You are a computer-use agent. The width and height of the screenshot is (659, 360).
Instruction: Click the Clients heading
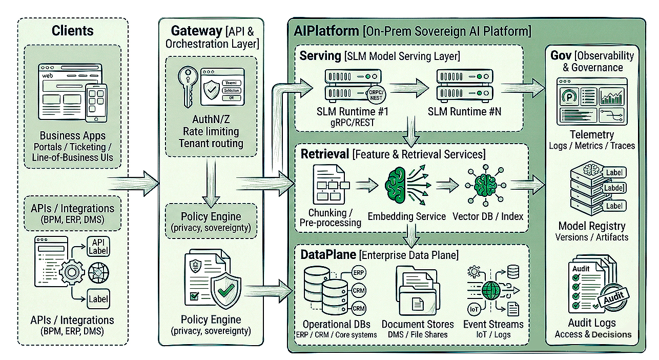point(72,31)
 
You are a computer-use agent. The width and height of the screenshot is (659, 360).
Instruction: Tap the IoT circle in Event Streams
point(474,309)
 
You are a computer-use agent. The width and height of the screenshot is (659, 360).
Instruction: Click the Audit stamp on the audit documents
point(614,299)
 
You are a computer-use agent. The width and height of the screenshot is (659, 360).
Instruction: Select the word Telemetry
point(591,134)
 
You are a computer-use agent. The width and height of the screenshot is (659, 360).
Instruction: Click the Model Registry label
point(591,226)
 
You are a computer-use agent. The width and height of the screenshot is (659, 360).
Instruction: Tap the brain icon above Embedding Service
point(398,185)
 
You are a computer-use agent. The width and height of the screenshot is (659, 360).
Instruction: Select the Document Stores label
point(418,324)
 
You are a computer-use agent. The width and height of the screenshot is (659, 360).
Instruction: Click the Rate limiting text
point(211,131)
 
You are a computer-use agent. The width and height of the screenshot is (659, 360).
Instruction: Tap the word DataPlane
point(328,254)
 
